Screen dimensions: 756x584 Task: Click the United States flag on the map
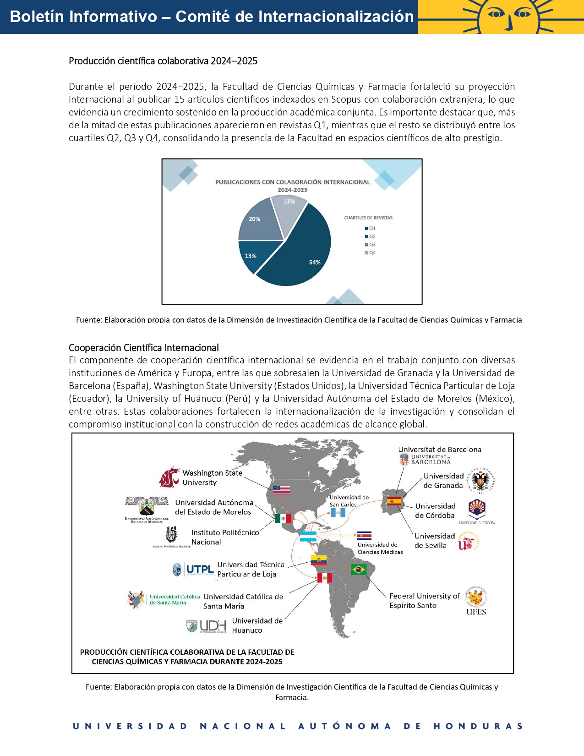(281, 490)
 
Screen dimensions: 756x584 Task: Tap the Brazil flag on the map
(358, 570)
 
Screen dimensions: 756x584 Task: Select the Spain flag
(394, 501)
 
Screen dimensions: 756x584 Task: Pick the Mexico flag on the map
(283, 519)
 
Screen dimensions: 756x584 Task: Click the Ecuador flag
(319, 560)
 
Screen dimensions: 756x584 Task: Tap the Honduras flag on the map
(308, 537)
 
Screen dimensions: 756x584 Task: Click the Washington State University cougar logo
(169, 477)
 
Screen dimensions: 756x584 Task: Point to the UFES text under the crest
(476, 612)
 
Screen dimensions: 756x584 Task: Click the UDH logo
(207, 626)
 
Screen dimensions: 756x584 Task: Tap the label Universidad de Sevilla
(434, 541)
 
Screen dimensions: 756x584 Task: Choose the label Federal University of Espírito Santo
(424, 601)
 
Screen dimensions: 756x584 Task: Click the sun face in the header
(509, 16)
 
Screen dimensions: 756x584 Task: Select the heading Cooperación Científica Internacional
(144, 348)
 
